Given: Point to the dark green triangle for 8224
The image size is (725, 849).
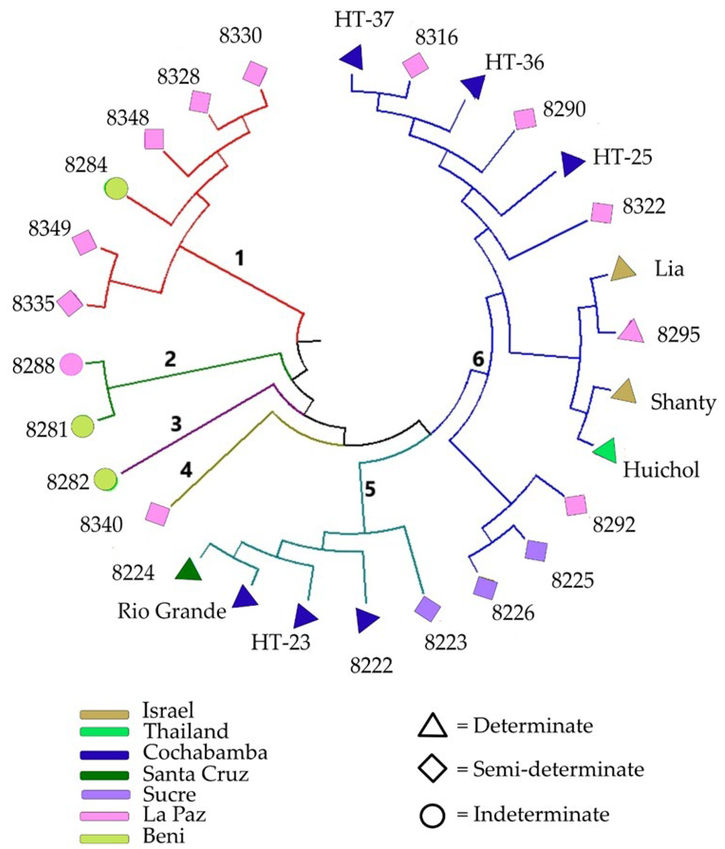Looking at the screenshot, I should [188, 570].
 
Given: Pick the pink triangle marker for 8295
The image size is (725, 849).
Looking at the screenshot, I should [630, 331].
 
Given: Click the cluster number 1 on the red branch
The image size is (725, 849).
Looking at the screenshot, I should [239, 259].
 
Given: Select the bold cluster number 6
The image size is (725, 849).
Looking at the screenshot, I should [478, 359].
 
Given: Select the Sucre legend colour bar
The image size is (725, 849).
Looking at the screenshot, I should [104, 794].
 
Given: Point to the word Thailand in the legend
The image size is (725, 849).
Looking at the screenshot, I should [185, 731].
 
